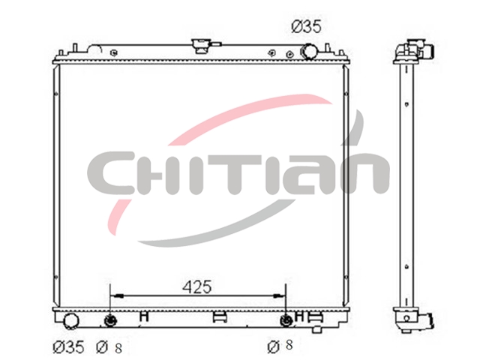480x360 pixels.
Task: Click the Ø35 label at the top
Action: click(306, 27)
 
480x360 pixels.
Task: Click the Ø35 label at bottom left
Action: click(68, 346)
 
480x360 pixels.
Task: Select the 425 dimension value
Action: click(196, 287)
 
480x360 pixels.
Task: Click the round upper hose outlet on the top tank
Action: click(310, 51)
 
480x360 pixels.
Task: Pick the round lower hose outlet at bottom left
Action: click(71, 320)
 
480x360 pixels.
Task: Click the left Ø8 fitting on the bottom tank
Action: click(110, 320)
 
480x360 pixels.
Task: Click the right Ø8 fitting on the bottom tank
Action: click(286, 320)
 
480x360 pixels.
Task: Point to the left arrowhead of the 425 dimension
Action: click(117, 296)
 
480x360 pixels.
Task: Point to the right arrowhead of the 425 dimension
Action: click(279, 296)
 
